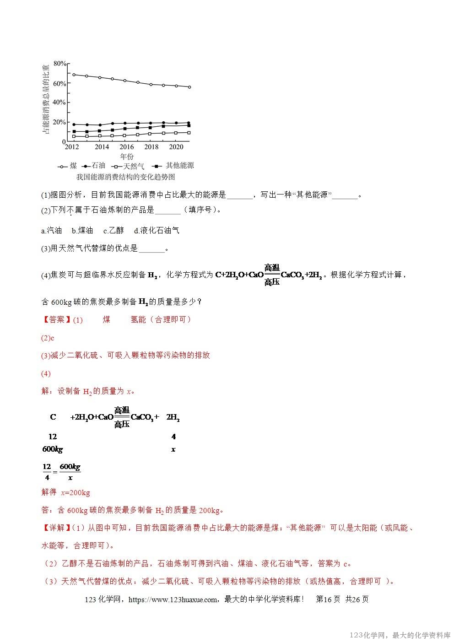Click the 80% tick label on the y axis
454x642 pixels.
[x=60, y=63]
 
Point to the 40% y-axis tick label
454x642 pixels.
[x=60, y=103]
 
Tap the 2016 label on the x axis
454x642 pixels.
[x=127, y=147]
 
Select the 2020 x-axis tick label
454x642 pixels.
[x=176, y=147]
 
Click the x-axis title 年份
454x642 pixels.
[x=127, y=156]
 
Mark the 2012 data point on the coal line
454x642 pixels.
[x=74, y=75]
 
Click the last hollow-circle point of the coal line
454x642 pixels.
[x=189, y=87]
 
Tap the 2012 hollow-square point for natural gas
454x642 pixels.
[x=74, y=136]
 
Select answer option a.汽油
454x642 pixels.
[x=51, y=231]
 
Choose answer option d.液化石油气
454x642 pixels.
[x=157, y=231]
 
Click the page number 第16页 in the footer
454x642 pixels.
[x=328, y=599]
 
